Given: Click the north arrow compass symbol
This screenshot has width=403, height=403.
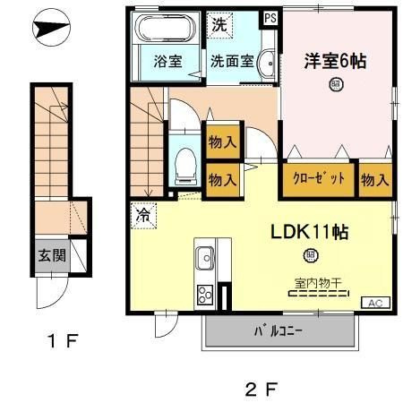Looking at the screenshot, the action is [51, 27].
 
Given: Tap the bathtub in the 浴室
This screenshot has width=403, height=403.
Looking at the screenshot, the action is [165, 28].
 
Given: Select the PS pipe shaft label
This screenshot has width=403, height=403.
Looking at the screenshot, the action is [270, 18].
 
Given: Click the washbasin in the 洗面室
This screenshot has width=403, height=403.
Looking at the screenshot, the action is [267, 64].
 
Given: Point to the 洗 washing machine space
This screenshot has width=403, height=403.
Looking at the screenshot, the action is [219, 25].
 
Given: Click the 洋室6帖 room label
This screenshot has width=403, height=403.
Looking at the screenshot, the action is [335, 61].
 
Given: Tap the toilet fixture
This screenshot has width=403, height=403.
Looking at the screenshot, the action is [185, 166].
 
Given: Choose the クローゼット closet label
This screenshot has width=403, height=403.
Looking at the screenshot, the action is [319, 178].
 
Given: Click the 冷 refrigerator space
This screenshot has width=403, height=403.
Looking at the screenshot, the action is [143, 215].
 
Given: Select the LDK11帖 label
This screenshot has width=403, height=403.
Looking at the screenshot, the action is [310, 232].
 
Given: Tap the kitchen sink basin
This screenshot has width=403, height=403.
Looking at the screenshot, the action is [205, 258].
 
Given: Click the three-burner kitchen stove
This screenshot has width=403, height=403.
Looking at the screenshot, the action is [205, 295].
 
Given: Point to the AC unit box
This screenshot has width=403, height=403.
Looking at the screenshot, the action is [376, 303].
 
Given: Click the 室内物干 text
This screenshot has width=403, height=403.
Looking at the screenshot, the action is [318, 283].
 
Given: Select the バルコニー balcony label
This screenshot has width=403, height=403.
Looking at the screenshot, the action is [279, 330].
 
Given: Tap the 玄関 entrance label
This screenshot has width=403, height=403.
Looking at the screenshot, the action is [52, 255].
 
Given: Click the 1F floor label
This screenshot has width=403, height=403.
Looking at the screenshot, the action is [64, 340].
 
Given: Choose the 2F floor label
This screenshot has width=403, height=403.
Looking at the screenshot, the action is [262, 390].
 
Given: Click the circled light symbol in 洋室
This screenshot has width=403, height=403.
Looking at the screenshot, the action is [337, 84].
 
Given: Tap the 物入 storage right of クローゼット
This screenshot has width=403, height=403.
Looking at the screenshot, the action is [375, 180].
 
